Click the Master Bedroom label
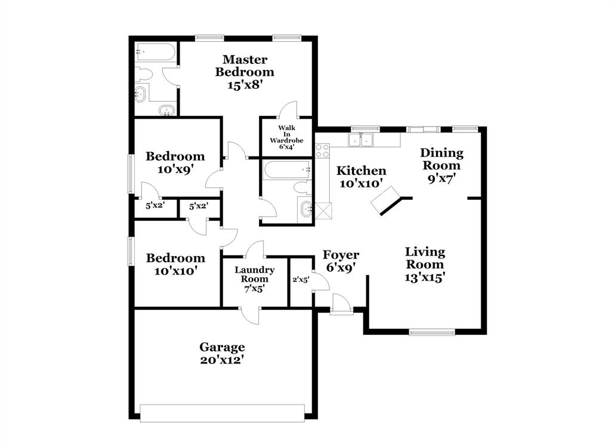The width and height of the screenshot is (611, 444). pyautogui.click(x=245, y=66)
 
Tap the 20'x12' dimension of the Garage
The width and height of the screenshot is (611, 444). pyautogui.click(x=222, y=360)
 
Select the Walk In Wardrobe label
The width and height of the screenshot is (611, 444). pyautogui.click(x=286, y=134)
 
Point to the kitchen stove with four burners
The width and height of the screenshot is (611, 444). pyautogui.click(x=323, y=150)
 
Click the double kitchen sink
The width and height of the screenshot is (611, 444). pyautogui.click(x=361, y=140)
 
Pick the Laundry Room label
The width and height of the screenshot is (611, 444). pyautogui.click(x=254, y=275)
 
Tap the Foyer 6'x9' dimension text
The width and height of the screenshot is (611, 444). pyautogui.click(x=341, y=268)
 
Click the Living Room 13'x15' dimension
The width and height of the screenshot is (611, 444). pyautogui.click(x=424, y=277)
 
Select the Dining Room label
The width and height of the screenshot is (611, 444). pyautogui.click(x=442, y=159)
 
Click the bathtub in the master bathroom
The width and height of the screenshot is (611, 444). pyautogui.click(x=155, y=52)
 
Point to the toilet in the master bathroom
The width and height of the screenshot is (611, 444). pyautogui.click(x=144, y=74)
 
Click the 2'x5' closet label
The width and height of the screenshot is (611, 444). pyautogui.click(x=300, y=279)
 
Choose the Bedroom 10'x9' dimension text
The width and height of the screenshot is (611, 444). pyautogui.click(x=175, y=169)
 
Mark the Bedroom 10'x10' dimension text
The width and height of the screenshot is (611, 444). pyautogui.click(x=175, y=271)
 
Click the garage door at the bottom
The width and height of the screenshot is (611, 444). pyautogui.click(x=222, y=412)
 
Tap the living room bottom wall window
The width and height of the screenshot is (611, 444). pyautogui.click(x=432, y=332)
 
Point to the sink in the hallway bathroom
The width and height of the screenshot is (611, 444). pyautogui.click(x=306, y=209)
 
